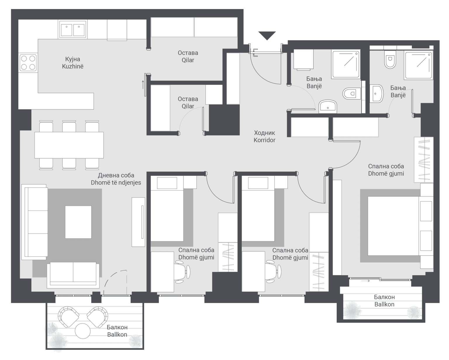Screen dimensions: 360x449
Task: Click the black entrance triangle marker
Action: point(267,35)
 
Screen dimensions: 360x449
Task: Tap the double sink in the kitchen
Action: point(72,30)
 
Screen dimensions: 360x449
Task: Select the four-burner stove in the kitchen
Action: point(28,63)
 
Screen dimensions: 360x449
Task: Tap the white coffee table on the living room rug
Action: point(78,222)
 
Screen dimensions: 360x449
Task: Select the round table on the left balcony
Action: point(83,331)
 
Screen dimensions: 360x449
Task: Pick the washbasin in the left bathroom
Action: point(328,106)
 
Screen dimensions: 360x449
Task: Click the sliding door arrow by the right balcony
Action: point(366,281)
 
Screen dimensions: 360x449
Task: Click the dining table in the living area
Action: point(69,145)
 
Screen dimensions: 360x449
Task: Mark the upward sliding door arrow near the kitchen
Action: point(143,85)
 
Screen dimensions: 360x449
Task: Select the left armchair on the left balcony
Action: point(68,316)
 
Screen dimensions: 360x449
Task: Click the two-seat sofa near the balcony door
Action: point(73,273)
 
